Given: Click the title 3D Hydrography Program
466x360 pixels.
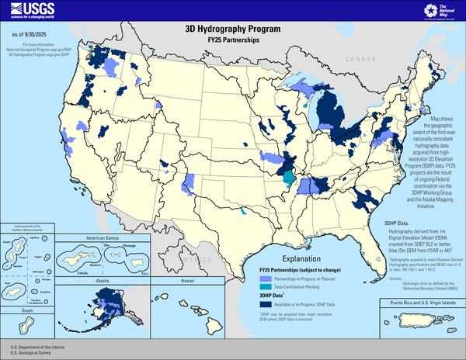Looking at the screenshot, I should [x=233, y=28].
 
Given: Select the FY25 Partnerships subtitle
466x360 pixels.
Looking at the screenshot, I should [x=233, y=38].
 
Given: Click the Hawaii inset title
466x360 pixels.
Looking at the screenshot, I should [x=181, y=281].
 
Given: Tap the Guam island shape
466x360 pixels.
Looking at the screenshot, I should [x=26, y=327].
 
